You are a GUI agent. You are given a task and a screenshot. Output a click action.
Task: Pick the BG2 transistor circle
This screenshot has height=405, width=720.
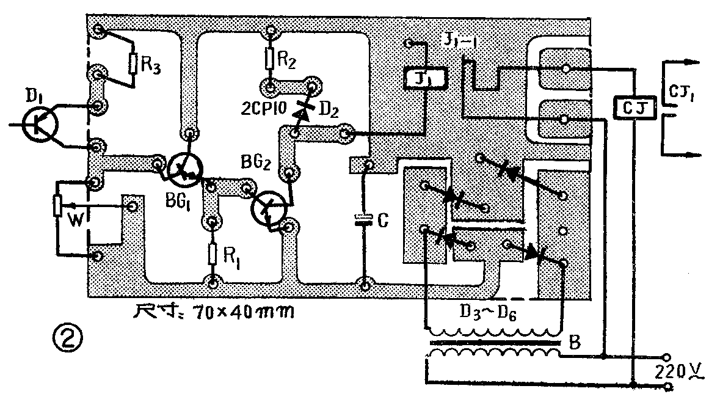269,208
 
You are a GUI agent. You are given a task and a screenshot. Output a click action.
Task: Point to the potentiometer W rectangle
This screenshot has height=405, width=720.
58,205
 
